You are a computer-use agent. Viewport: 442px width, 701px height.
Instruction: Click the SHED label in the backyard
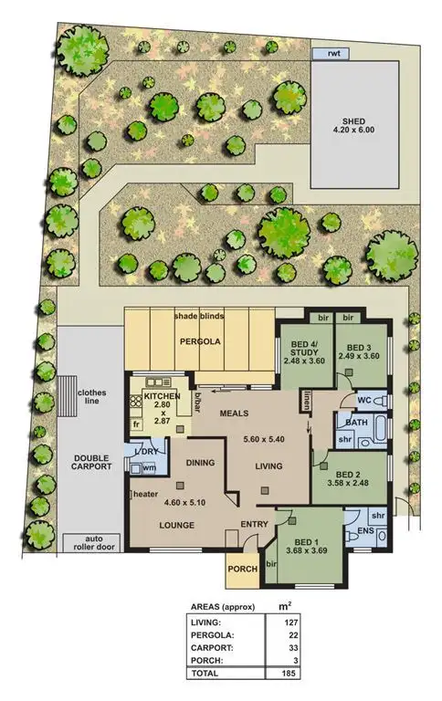click(x=353, y=120)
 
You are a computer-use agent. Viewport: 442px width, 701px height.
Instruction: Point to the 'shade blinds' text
click(x=198, y=317)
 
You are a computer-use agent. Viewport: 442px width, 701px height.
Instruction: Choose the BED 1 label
click(x=307, y=539)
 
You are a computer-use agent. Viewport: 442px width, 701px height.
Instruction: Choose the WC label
click(x=363, y=402)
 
